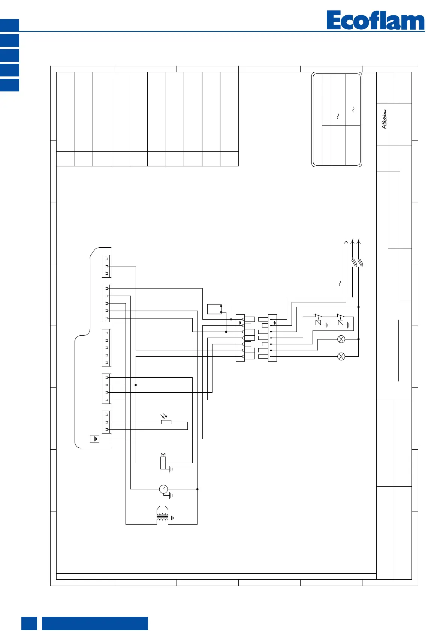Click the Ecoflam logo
(x=375, y=21)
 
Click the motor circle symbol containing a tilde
(x=163, y=489)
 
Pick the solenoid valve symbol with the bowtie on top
(x=163, y=462)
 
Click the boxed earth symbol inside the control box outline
(x=95, y=439)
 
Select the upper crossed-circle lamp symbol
(x=341, y=339)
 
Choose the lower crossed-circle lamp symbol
(x=341, y=356)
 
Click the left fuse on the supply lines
(x=354, y=263)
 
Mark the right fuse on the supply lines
(x=361, y=263)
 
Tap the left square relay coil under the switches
(x=318, y=323)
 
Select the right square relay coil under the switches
(x=341, y=323)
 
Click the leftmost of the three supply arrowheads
(x=346, y=242)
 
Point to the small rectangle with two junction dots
(x=214, y=309)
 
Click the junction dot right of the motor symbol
(x=198, y=489)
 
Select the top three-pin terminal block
(x=106, y=266)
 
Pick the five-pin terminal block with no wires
(x=106, y=348)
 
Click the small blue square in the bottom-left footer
(x=29, y=623)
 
